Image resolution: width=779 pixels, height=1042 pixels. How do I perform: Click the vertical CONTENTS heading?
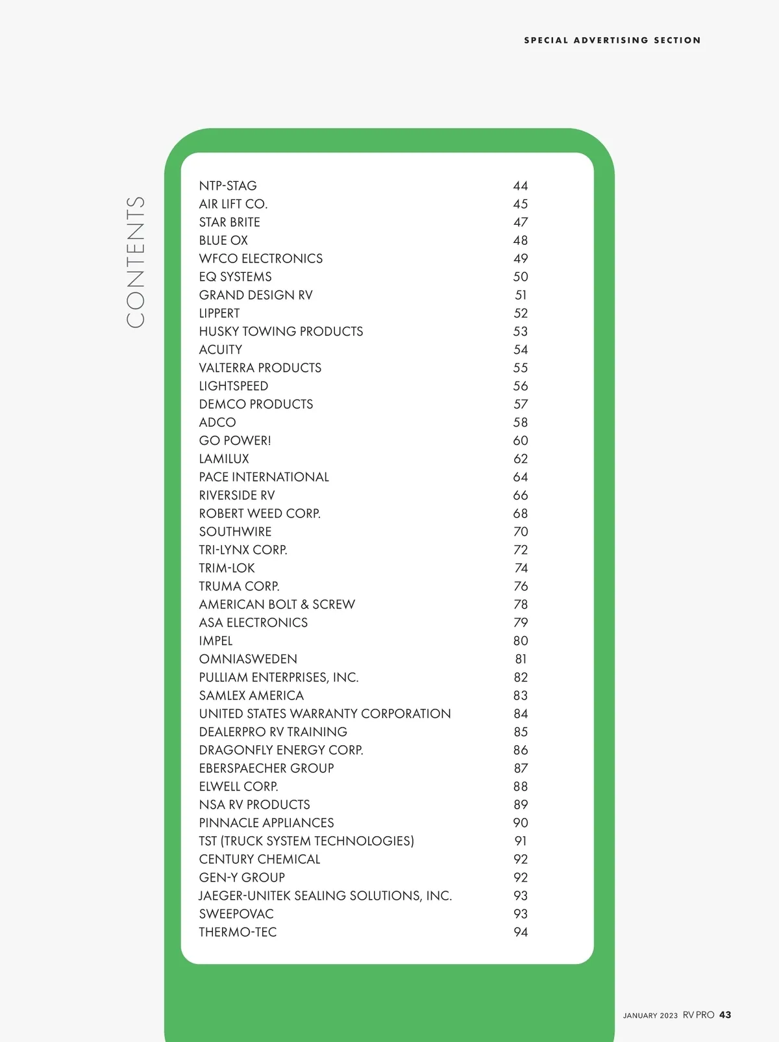tap(135, 262)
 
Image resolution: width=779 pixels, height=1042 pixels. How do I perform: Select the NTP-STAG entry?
tap(228, 186)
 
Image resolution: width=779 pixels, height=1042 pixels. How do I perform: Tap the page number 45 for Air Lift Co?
tap(521, 204)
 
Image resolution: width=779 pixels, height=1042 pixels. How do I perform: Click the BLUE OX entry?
tap(223, 240)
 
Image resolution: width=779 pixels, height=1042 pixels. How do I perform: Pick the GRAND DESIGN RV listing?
tap(256, 295)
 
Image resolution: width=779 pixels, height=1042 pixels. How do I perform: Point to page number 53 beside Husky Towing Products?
tap(521, 331)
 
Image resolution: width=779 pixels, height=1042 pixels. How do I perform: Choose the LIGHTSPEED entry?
tap(234, 386)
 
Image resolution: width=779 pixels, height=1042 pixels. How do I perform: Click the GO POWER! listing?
tap(235, 440)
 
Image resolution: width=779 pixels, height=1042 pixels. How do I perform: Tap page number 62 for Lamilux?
tap(521, 459)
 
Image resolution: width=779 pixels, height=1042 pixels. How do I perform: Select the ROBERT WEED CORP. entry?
tap(260, 513)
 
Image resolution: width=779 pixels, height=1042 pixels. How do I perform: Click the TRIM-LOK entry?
tap(227, 568)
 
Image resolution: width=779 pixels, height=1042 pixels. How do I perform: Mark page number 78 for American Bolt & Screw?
tap(521, 604)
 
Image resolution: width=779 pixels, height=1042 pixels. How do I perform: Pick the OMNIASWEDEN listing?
tap(248, 659)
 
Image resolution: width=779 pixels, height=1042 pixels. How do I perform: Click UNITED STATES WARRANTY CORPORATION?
tap(325, 713)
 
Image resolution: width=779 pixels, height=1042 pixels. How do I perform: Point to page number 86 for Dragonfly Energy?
tap(521, 750)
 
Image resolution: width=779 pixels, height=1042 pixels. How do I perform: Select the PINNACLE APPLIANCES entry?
tap(266, 822)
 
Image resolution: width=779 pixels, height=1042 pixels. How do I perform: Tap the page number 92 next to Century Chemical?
tap(521, 859)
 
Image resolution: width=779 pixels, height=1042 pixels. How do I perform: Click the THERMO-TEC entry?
tap(238, 932)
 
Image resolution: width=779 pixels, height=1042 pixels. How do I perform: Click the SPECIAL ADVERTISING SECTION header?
tap(612, 40)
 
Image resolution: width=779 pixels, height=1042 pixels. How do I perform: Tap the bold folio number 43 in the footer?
tap(725, 1015)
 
